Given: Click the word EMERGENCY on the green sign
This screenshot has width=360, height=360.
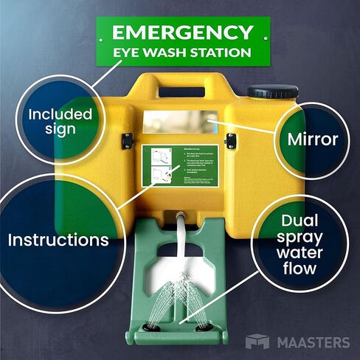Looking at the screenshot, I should click(181, 33).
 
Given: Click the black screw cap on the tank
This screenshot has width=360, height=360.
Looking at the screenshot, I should click(264, 93).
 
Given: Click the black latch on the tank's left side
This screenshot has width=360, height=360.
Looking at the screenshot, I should click(127, 138).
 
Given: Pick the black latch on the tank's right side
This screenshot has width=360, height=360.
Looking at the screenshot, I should click(230, 138).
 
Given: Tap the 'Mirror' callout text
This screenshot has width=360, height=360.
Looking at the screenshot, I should click(312, 139).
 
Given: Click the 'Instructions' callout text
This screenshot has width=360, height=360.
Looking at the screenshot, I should click(58, 240).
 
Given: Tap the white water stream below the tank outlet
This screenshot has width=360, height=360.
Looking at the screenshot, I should click(179, 236).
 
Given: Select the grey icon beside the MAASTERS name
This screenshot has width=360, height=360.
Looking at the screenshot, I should click(256, 342).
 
